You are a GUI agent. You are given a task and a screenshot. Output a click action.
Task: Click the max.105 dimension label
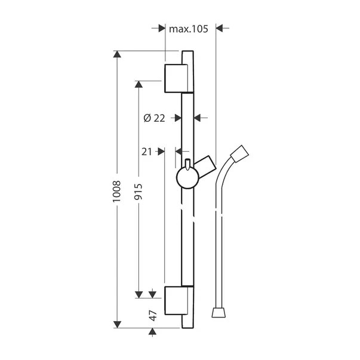click(188, 29)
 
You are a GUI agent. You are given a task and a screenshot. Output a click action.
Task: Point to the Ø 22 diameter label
click(154, 118)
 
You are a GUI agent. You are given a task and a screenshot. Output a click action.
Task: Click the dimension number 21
click(147, 152)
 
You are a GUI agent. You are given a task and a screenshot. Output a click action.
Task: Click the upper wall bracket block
click(178, 78)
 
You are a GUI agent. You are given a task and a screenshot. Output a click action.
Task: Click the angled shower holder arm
click(204, 165)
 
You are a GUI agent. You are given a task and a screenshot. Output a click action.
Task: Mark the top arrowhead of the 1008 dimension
click(118, 56)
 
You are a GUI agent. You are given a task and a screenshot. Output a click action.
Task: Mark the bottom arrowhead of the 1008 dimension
click(118, 324)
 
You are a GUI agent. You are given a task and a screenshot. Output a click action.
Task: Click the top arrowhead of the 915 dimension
click(138, 84)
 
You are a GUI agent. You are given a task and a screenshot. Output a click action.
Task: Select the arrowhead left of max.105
click(161, 28)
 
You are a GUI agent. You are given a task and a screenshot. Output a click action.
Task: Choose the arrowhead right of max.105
click(219, 28)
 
